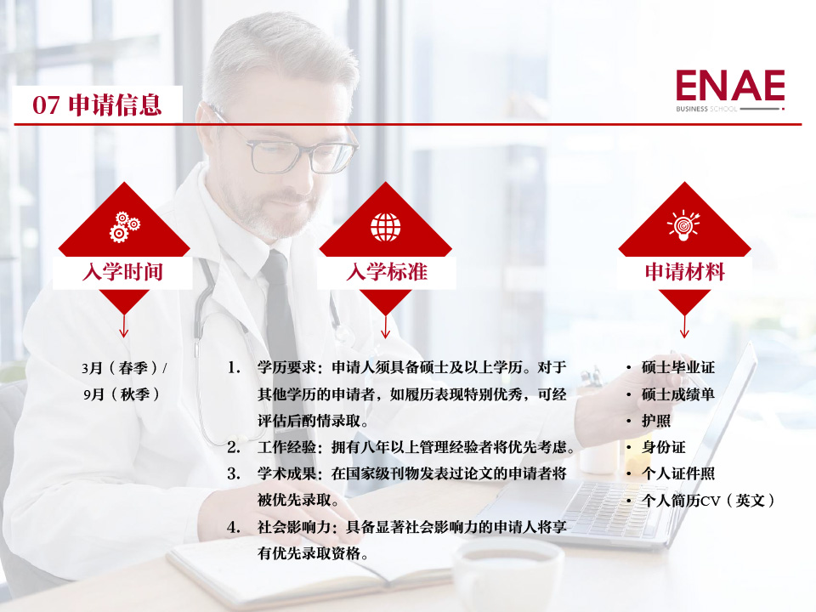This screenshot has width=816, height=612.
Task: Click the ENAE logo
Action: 730,91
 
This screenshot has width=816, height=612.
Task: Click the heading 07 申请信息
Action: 97,105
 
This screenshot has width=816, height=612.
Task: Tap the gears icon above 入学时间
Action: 124,227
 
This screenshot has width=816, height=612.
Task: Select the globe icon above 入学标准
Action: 386,228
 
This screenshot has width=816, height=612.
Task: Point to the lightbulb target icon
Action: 683,225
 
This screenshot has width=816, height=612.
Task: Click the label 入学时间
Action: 122,272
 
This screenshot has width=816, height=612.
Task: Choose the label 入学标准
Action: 387,272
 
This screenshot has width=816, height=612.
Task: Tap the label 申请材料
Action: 685,272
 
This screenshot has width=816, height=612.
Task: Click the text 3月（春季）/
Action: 124,368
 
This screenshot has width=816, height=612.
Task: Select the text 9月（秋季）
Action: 122,394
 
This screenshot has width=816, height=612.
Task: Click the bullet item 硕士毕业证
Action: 677,367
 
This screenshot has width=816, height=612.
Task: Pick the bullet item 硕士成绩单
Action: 677,394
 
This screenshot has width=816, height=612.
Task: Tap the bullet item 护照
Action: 655,421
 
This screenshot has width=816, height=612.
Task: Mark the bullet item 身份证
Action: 663,447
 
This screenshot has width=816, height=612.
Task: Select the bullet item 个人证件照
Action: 677,473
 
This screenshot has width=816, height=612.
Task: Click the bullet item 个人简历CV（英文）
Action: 708,501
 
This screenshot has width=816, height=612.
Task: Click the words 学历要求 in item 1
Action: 286,367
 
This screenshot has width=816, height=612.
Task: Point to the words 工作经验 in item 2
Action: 286,447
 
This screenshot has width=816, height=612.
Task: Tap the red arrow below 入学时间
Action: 124,326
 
